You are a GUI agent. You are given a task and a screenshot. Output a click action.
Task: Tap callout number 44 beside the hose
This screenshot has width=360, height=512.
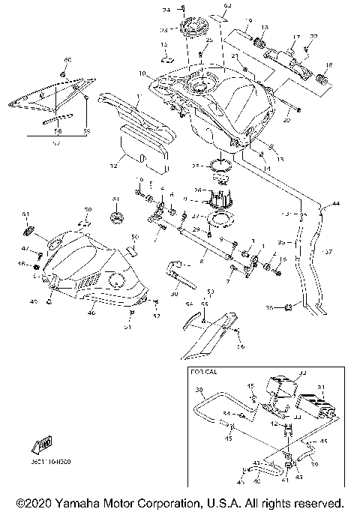coord(336,204)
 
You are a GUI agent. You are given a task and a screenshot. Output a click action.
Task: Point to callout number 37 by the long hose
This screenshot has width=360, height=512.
coord(328,253)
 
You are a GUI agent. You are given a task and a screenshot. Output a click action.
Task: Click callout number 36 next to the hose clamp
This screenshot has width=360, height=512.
coord(289,307)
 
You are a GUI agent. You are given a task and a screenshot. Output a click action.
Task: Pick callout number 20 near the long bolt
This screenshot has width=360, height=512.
coord(285,118)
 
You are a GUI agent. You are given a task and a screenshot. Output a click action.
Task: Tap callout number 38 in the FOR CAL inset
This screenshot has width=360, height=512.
coord(199,391)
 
